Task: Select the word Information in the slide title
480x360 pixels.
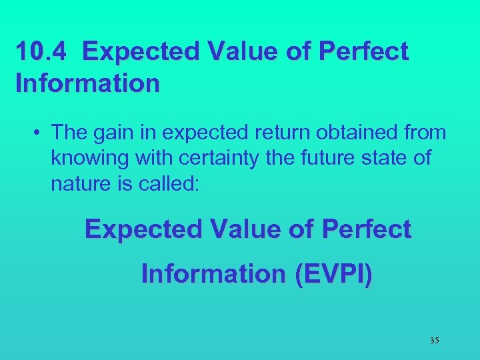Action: pos(87,83)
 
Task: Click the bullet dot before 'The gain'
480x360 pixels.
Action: pos(38,133)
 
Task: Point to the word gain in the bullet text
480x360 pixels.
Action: pos(118,133)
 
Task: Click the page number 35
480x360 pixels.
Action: pos(434,341)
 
